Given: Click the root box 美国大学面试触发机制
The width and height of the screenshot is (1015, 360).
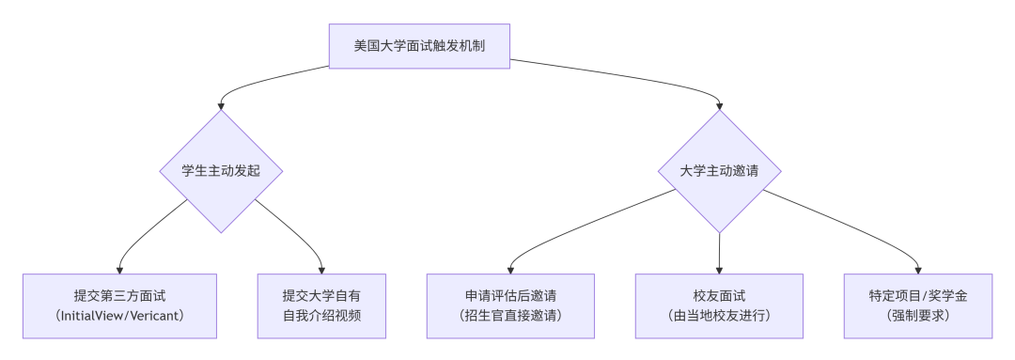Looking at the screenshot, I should (x=418, y=44).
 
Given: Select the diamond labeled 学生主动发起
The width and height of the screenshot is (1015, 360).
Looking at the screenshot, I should (x=220, y=171).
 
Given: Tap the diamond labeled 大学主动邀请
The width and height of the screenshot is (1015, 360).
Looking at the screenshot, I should (x=719, y=171).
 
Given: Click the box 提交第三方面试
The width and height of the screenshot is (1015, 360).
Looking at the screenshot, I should (x=119, y=305).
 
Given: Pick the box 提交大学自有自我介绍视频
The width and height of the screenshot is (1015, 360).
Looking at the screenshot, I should (x=321, y=305).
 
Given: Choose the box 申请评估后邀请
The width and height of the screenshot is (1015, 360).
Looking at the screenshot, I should (x=509, y=305).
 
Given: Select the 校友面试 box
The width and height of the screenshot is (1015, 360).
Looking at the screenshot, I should (x=719, y=305).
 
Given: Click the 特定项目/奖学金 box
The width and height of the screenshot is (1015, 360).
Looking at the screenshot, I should (x=918, y=305).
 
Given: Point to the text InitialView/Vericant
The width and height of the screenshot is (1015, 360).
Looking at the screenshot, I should (x=119, y=316).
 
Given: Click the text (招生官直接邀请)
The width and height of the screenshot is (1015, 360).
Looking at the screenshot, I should (x=509, y=316).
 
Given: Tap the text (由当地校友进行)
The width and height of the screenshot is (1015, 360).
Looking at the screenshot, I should (x=719, y=316).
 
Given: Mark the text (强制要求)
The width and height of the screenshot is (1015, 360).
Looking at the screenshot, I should (x=918, y=316).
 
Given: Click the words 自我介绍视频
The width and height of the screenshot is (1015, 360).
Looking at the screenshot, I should (x=321, y=316).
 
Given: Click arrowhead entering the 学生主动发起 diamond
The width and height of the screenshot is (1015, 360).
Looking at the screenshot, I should (x=220, y=105).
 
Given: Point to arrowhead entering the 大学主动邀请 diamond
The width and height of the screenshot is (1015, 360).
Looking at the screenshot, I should (x=719, y=105).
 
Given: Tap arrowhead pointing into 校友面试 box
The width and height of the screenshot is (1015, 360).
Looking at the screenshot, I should (x=719, y=269).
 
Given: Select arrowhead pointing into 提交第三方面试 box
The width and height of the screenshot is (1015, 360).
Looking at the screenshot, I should (x=119, y=269).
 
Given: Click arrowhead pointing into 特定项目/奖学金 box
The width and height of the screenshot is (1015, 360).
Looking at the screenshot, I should (x=918, y=269).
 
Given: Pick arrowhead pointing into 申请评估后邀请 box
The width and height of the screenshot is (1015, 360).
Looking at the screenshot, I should (x=509, y=269).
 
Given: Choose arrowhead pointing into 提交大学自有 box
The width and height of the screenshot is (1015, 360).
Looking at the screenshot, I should (x=321, y=269).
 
